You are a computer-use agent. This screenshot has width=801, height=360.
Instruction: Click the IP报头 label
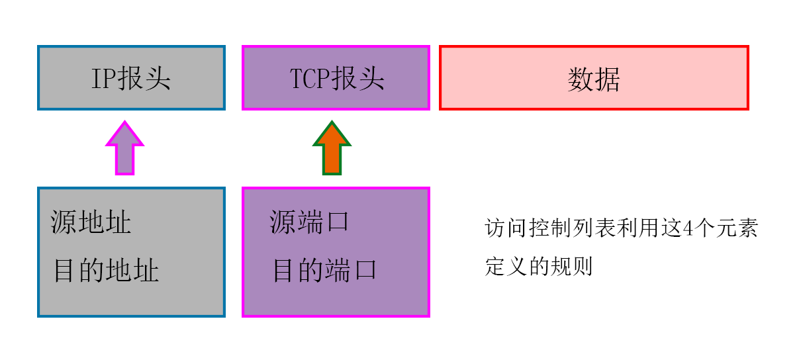[x=131, y=79]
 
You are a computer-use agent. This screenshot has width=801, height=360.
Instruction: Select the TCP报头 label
[x=337, y=79]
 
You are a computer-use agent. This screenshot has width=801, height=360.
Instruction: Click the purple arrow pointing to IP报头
[x=124, y=149]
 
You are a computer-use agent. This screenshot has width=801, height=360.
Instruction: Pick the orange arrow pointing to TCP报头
[x=332, y=149]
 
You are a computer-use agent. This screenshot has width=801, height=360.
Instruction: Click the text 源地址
[x=91, y=222]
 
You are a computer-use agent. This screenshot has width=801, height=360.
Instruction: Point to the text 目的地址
[x=106, y=271]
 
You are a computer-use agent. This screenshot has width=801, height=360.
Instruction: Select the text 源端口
[x=309, y=222]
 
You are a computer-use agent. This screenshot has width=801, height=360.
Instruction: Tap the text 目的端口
[x=324, y=271]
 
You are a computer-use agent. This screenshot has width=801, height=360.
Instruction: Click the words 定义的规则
[x=538, y=266]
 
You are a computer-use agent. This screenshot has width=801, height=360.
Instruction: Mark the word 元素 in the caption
[x=735, y=229]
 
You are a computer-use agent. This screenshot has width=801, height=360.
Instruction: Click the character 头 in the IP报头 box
[x=158, y=79]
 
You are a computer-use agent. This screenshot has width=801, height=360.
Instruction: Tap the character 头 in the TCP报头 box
[x=371, y=79]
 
